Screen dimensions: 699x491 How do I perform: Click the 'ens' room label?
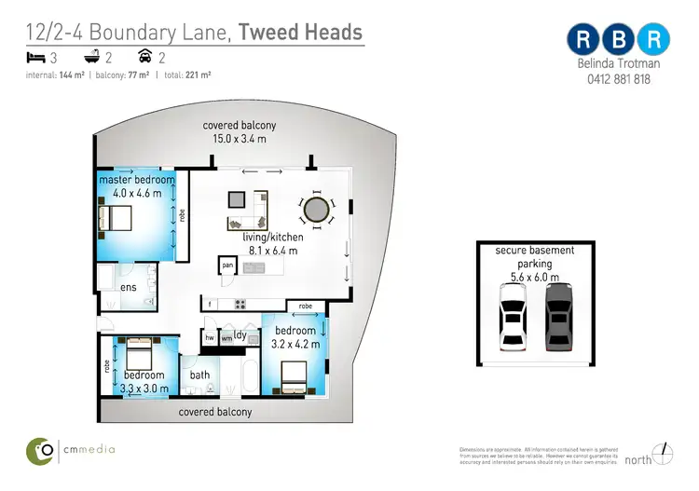(x=129, y=288)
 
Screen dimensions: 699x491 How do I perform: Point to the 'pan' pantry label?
(x=227, y=266)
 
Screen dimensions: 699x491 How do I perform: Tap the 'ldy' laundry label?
(x=240, y=334)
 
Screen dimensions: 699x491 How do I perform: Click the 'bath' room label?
(x=200, y=375)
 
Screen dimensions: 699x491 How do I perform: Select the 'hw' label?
(x=210, y=339)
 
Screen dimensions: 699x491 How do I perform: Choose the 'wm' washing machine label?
(x=226, y=339)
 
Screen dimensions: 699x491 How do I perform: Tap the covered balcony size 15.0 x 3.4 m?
(x=240, y=139)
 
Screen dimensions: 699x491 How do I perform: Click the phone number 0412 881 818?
(x=619, y=80)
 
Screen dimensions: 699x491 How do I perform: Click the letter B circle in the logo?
(x=619, y=39)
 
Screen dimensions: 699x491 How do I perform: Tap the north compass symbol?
(x=664, y=454)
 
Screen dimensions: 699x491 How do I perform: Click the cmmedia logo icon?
(x=40, y=450)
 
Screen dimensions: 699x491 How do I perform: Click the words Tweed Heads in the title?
(x=301, y=32)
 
